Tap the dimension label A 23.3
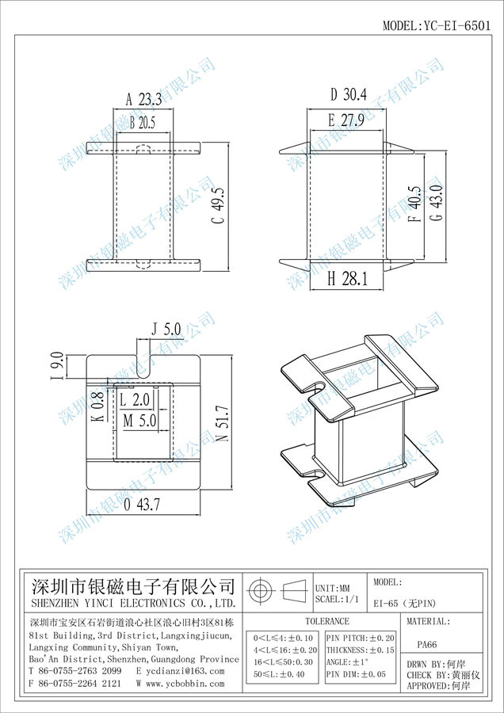tap(143, 99)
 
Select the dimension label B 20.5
tap(143, 123)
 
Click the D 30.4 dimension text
tap(348, 94)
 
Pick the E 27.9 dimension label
tap(346, 120)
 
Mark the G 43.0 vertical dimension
tap(438, 202)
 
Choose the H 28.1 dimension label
tap(347, 279)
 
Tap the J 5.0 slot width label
tap(166, 329)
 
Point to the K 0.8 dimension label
tap(99, 406)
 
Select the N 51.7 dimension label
tap(223, 424)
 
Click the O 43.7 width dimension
tap(142, 505)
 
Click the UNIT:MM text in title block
tap(333, 589)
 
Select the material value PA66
tap(426, 644)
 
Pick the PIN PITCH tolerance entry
tap(361, 639)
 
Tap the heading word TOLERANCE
tap(327, 621)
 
